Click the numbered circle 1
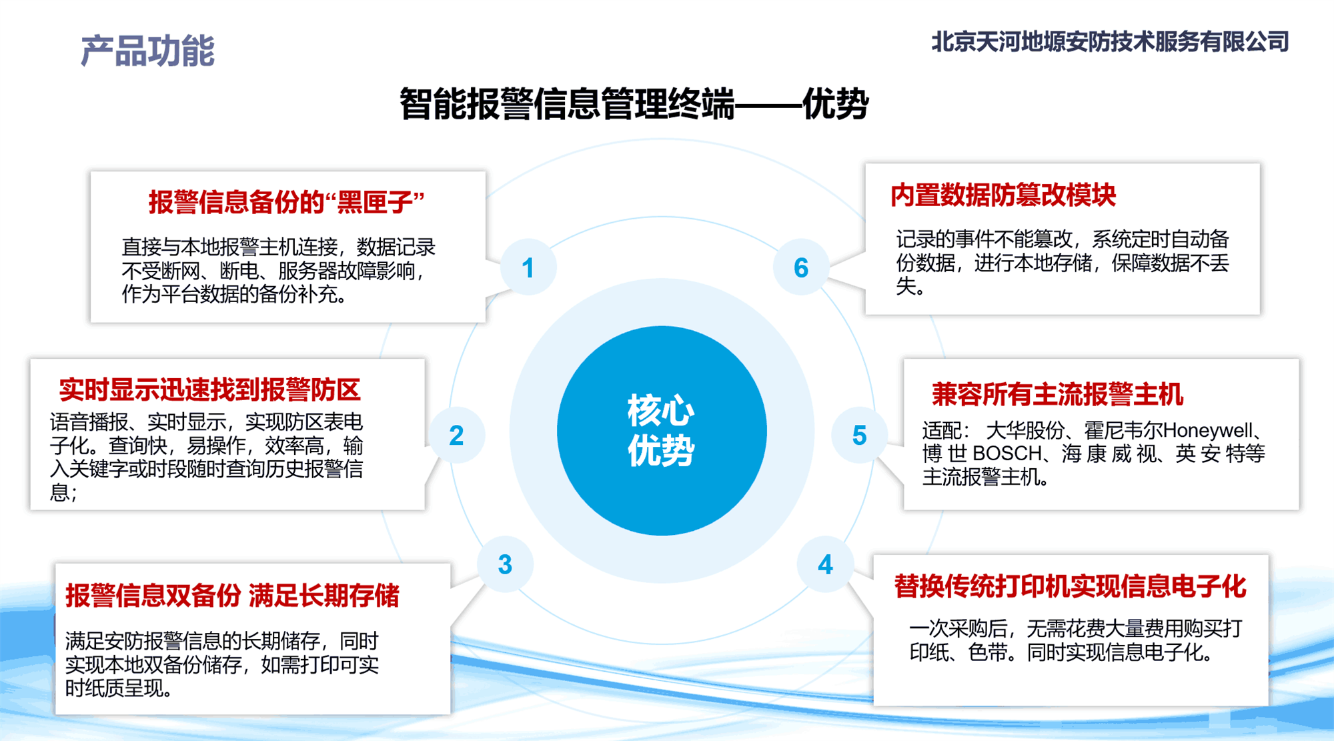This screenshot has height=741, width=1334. click(x=528, y=267)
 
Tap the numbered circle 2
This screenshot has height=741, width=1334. click(x=456, y=435)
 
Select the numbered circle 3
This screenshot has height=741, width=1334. click(x=505, y=564)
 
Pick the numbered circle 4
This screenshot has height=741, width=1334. click(x=825, y=564)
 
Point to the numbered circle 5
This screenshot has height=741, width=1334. click(x=859, y=435)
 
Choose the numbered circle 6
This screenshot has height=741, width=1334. click(x=801, y=267)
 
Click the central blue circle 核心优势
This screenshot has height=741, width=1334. click(x=662, y=430)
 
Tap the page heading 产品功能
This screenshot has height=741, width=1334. click(x=147, y=51)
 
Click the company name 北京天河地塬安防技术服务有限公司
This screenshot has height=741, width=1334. click(x=1110, y=42)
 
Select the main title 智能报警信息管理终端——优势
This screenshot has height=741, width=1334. click(x=634, y=103)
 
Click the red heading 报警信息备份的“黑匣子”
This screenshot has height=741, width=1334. click(x=287, y=201)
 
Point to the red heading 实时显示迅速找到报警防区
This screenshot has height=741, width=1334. click(x=210, y=390)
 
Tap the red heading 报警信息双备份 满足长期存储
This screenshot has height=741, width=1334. click(x=232, y=596)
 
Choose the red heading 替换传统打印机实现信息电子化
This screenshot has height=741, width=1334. click(x=1070, y=586)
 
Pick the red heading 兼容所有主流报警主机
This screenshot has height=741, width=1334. click(x=1057, y=394)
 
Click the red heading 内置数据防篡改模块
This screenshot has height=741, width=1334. click(x=1003, y=195)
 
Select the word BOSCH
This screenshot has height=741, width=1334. click(x=1007, y=454)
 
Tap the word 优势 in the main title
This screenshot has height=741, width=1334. click(x=835, y=103)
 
